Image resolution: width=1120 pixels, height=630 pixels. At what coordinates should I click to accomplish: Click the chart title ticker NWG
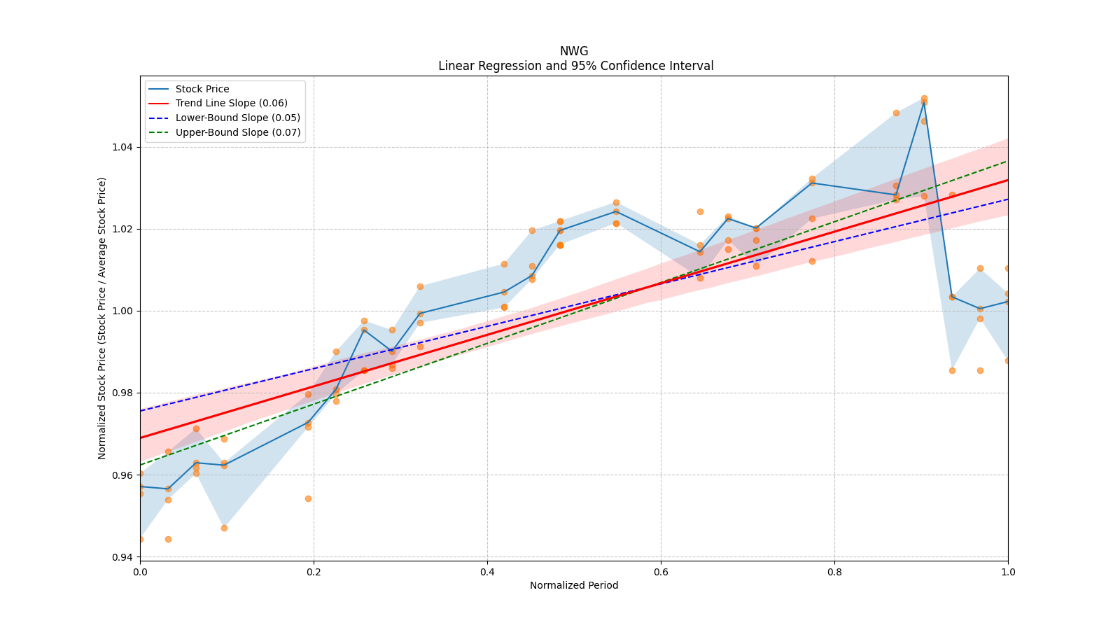tap(574, 51)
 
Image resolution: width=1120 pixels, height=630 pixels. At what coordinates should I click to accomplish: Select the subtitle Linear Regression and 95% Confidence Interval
tap(575, 66)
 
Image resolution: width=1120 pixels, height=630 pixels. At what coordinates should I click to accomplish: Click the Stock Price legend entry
tap(202, 89)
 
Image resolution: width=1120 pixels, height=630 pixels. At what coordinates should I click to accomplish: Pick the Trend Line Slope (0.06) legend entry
tap(231, 103)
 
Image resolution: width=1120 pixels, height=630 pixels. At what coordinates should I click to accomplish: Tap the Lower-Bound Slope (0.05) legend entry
tap(237, 118)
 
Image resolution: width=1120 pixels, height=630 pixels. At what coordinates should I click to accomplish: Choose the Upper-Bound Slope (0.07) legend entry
tap(238, 132)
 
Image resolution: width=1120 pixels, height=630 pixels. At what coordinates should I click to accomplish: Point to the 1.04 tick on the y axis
tap(123, 147)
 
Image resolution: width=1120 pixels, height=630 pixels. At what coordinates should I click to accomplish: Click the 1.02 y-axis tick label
tap(123, 229)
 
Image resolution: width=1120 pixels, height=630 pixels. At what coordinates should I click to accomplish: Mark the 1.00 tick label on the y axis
tap(123, 311)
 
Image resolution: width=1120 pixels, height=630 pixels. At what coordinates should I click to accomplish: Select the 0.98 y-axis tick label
tap(123, 393)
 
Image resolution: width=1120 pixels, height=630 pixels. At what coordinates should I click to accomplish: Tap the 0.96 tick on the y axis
tap(123, 475)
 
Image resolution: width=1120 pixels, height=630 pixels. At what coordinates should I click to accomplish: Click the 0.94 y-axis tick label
tap(123, 557)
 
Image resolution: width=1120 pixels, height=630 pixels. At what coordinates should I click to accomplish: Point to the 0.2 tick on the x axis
tap(314, 571)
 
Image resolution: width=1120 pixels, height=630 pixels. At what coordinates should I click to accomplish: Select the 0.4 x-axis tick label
tap(487, 571)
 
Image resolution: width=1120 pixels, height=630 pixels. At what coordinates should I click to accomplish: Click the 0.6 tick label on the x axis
tap(661, 571)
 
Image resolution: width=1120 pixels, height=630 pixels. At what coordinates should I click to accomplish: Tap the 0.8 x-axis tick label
tap(834, 571)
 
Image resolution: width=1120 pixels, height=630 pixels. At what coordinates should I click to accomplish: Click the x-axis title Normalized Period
tap(574, 585)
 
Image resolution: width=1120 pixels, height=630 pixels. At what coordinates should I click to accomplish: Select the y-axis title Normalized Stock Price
tap(102, 318)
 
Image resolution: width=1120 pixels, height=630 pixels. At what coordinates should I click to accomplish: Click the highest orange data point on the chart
tap(924, 98)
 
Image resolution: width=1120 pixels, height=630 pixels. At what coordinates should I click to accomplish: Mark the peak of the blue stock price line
tap(924, 101)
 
